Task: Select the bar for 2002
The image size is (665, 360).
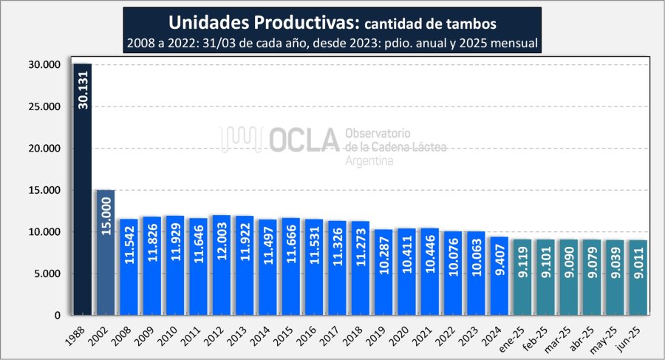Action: pyautogui.click(x=105, y=252)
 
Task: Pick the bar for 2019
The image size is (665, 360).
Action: pyautogui.click(x=383, y=272)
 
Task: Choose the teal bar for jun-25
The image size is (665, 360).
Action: pyautogui.click(x=638, y=277)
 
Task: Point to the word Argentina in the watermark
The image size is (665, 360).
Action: pyautogui.click(x=369, y=160)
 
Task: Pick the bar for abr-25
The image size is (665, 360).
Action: pyautogui.click(x=592, y=277)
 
